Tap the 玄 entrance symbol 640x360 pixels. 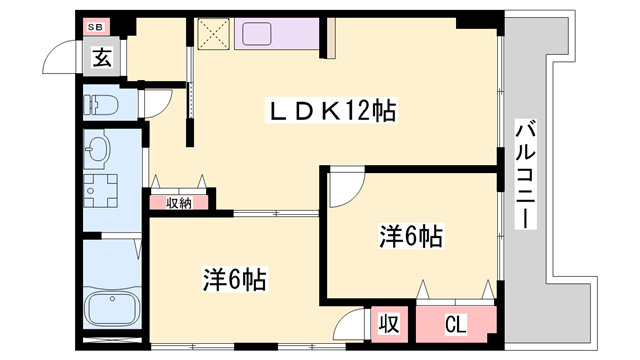(103, 57)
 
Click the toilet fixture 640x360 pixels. (101, 104)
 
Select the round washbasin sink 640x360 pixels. (98, 151)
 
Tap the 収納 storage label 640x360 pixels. (179, 202)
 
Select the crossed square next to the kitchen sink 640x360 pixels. (213, 33)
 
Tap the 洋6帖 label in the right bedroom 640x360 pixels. (410, 237)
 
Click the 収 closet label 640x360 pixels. (389, 325)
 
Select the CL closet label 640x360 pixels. (455, 324)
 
